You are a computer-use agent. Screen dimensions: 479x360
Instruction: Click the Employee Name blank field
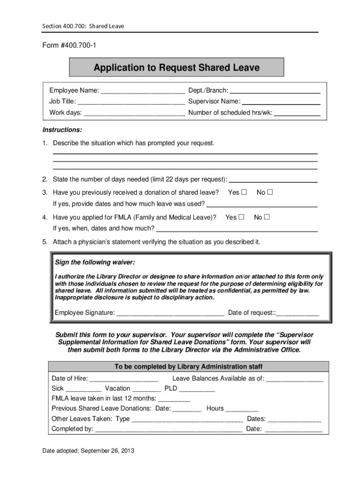(143, 90)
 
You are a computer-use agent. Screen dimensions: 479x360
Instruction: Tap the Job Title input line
(131, 102)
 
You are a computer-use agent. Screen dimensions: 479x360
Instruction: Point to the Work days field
(134, 113)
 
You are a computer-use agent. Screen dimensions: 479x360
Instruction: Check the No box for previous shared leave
(270, 192)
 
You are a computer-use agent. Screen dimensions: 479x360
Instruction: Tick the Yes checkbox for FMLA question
(241, 217)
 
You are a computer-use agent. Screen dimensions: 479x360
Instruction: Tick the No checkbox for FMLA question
(267, 217)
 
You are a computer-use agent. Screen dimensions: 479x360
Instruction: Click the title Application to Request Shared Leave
(176, 68)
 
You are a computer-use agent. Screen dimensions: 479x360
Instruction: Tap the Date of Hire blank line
(123, 378)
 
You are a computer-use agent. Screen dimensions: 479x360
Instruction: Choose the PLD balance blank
(197, 389)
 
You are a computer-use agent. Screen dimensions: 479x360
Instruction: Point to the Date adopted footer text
(88, 451)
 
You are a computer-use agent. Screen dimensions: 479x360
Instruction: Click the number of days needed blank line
(274, 180)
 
